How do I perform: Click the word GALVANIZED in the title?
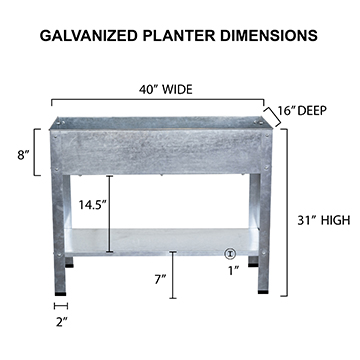(89, 36)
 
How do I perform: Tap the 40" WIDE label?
(166, 90)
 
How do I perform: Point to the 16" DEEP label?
(302, 111)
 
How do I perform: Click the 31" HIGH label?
(324, 220)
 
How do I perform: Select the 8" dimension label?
(24, 155)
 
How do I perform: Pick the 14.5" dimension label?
(92, 204)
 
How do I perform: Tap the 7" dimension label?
(160, 279)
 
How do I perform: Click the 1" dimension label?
(234, 271)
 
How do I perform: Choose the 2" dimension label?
(62, 322)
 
